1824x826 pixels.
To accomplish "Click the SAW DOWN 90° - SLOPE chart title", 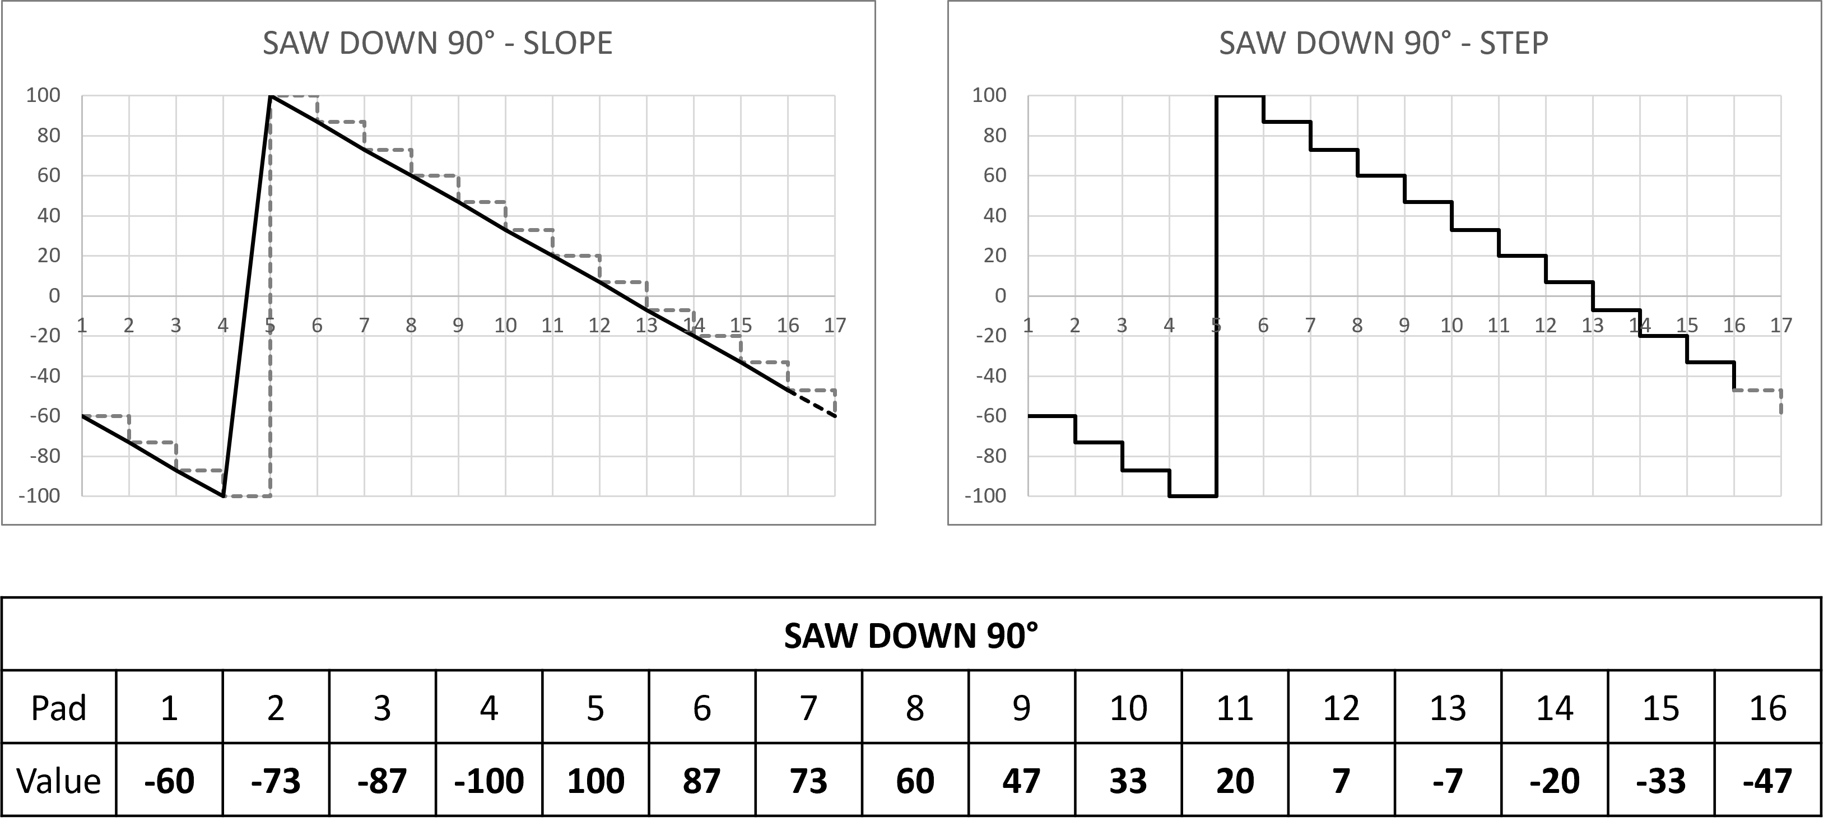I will (x=437, y=44).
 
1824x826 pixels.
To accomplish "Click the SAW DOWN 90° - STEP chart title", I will (x=1383, y=44).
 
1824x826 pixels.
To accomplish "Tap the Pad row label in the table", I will (x=59, y=708).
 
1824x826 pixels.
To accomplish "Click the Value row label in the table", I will (x=59, y=781).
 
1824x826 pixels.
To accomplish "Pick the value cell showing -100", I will (x=488, y=781).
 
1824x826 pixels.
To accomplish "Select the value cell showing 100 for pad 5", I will (x=595, y=781).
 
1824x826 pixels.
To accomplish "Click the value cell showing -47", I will (x=1767, y=781).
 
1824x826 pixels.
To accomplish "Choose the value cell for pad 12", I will (x=1341, y=781).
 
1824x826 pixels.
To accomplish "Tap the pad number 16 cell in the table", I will (x=1767, y=708).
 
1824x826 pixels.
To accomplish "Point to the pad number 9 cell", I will (x=1021, y=708).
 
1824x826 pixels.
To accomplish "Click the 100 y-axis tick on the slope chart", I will (x=43, y=96).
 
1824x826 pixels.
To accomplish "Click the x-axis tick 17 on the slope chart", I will (x=835, y=326).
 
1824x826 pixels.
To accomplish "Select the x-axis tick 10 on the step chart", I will (x=1451, y=326).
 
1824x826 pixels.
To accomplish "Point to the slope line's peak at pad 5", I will (x=271, y=96).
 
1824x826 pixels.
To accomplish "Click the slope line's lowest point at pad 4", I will (x=224, y=495).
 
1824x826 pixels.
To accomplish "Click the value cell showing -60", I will (x=169, y=781).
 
